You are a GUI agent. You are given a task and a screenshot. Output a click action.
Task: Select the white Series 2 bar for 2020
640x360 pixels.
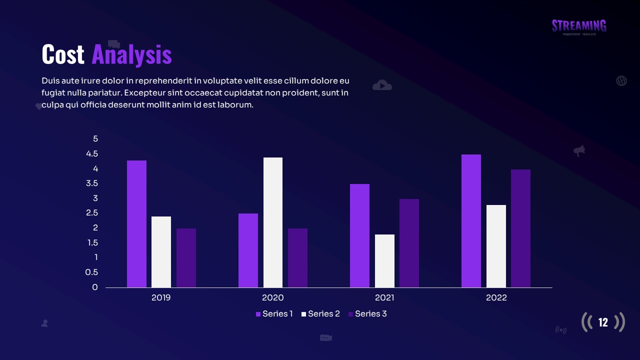point(273,222)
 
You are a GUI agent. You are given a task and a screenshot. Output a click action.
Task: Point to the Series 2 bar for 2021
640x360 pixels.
point(384,260)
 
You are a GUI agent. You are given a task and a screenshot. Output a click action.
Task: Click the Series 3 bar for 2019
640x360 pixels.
point(186,257)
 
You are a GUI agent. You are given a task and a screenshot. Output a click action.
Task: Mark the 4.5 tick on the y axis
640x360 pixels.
point(92,154)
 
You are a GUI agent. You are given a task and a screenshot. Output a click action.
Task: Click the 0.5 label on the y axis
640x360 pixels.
point(91,272)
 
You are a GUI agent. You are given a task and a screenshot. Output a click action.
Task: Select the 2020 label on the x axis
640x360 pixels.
point(272,298)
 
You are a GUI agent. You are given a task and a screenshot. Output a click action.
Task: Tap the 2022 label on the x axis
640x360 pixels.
point(496,298)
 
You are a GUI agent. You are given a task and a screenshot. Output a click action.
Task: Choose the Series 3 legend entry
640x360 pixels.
point(367,314)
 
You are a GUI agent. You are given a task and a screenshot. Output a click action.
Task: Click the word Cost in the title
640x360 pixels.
point(63,54)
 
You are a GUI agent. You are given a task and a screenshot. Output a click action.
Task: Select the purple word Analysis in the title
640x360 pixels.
point(131,54)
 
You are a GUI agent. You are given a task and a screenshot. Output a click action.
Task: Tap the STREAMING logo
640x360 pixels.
point(579,26)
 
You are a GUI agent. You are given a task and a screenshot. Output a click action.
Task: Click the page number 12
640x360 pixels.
point(603,322)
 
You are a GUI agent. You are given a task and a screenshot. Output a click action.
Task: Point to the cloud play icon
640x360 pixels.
point(382,85)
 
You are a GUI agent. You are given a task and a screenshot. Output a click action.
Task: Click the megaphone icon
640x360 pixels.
point(579,150)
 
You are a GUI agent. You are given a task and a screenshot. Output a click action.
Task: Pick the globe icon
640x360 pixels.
point(621,80)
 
